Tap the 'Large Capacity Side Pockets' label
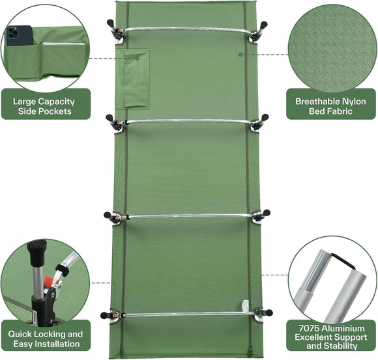[x=43, y=107]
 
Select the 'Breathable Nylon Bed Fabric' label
[x=331, y=107]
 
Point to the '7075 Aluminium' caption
[x=331, y=327]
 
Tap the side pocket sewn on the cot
[x=136, y=77]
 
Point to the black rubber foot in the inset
[x=36, y=249]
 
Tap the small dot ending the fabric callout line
[x=240, y=55]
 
